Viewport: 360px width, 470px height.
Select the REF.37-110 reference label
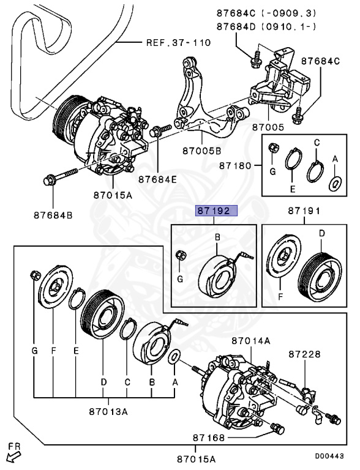click(x=178, y=43)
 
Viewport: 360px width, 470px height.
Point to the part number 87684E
click(x=157, y=179)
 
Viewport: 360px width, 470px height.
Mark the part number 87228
click(x=305, y=354)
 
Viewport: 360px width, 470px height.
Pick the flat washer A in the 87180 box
click(x=335, y=182)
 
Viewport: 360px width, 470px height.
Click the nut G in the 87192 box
click(x=181, y=256)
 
